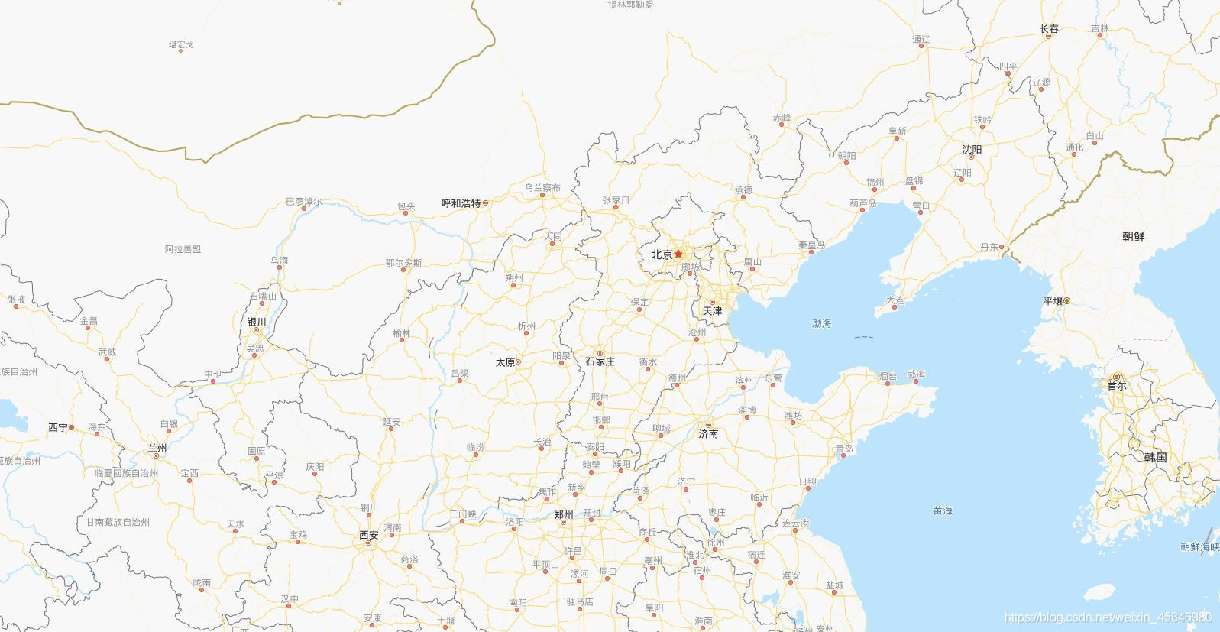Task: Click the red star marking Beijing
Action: (x=678, y=254)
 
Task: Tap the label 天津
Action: (x=712, y=311)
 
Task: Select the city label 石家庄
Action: (x=600, y=361)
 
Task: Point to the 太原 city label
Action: (x=505, y=362)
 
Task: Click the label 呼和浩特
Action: (x=461, y=203)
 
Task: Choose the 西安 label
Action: (x=369, y=536)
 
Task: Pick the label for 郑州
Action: (x=564, y=515)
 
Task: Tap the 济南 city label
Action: (x=708, y=434)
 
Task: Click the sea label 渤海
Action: (x=821, y=324)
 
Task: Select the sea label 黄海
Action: (x=943, y=510)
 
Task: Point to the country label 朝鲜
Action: (x=1133, y=237)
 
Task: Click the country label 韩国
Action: (x=1155, y=458)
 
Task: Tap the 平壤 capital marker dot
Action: (x=1067, y=300)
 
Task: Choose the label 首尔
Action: (x=1116, y=386)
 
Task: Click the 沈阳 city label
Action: (x=972, y=150)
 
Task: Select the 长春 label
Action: (x=1050, y=29)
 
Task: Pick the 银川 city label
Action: (x=257, y=322)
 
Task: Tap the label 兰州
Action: (x=157, y=449)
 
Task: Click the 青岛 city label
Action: (x=843, y=449)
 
